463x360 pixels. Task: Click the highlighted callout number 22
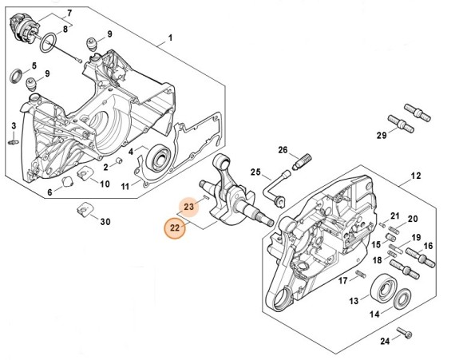[x=175, y=228]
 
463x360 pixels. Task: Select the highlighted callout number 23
[x=188, y=207]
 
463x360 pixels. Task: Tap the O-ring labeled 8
[x=48, y=42]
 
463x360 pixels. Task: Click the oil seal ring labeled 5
[x=16, y=76]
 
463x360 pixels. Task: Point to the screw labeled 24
[x=404, y=333]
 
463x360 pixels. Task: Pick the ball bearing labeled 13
[x=382, y=287]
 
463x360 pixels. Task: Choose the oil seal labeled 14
[x=402, y=299]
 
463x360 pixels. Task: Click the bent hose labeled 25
[x=274, y=188]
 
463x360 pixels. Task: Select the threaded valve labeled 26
[x=302, y=162]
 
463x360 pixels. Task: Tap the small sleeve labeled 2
[x=120, y=161]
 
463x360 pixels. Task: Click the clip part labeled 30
[x=85, y=209]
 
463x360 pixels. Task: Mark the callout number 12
[x=416, y=176]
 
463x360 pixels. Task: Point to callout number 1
[x=170, y=38]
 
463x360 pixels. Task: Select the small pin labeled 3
[x=14, y=142]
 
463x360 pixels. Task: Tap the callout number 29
[x=382, y=136]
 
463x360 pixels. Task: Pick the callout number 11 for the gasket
[x=125, y=187]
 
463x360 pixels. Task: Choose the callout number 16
[x=428, y=246]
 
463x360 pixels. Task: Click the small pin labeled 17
[x=361, y=274]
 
